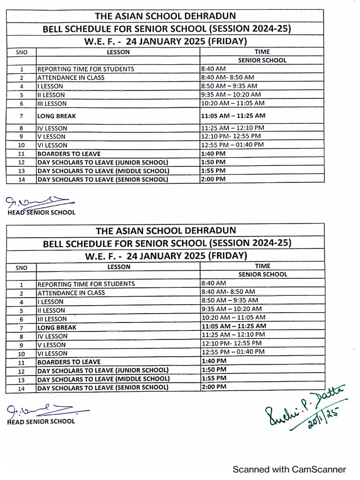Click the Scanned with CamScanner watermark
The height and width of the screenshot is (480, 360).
click(x=290, y=469)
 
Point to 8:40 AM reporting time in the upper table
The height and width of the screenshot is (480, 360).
click(x=213, y=69)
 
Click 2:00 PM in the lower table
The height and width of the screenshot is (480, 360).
click(x=214, y=387)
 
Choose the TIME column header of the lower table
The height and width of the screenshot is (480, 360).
click(x=262, y=266)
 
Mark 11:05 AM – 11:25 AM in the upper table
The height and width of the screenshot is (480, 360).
click(x=233, y=115)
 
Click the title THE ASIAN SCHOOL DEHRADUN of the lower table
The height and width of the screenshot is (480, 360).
click(x=166, y=231)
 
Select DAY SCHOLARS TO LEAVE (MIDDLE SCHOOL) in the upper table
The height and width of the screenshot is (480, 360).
click(x=103, y=171)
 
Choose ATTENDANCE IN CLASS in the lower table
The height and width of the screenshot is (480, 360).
click(x=71, y=292)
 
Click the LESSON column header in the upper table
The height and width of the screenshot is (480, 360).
click(x=118, y=52)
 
